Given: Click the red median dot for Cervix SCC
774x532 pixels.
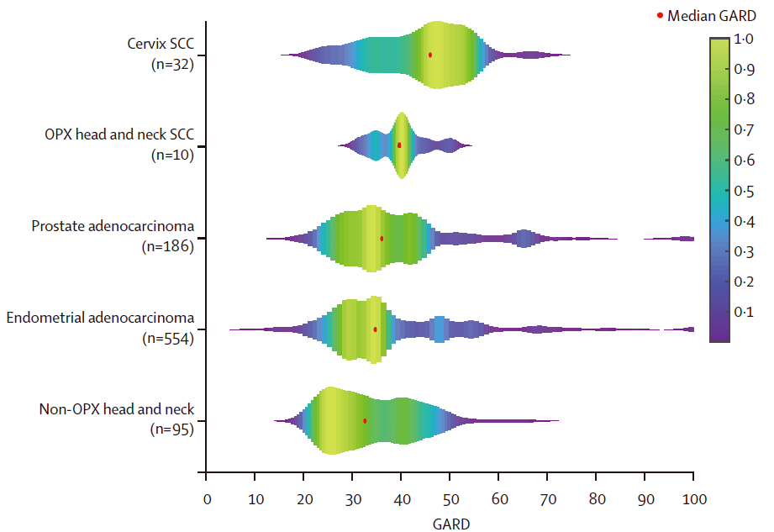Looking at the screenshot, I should [430, 55].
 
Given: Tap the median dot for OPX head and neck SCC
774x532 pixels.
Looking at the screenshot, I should [399, 145].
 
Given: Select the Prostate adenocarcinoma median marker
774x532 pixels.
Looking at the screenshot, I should [382, 239].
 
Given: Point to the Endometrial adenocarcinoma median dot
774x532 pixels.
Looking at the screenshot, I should [375, 329].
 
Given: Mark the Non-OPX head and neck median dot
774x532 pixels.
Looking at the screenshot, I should [365, 420].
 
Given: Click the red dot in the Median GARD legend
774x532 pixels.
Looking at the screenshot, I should [661, 15].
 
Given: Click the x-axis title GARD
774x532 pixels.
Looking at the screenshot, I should [450, 523].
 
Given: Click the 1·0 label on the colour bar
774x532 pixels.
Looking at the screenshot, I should [743, 39].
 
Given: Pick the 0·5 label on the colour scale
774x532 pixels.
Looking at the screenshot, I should [743, 192].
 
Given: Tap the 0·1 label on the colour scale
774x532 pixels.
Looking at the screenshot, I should [743, 313].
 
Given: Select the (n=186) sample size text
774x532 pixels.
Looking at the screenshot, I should [169, 246].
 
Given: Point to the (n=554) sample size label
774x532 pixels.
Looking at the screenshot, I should [169, 338].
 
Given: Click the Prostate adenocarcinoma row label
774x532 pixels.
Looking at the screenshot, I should [113, 226].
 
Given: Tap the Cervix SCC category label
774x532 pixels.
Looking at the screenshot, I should [157, 43].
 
